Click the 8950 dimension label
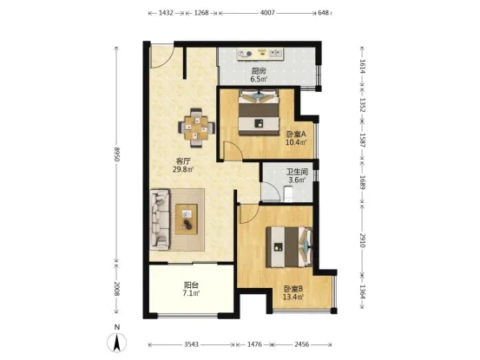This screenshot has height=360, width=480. click(x=116, y=154)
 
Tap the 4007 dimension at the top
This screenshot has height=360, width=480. click(x=267, y=13)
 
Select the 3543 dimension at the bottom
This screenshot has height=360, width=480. click(x=191, y=344)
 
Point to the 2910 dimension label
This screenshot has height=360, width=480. click(x=363, y=240)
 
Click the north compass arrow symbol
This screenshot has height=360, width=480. click(x=116, y=343)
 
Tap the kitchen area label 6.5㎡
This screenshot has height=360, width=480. click(x=259, y=80)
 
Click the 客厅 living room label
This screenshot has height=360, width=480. click(x=183, y=160)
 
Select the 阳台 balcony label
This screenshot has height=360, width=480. click(x=191, y=285)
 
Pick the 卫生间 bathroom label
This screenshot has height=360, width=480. click(x=297, y=172)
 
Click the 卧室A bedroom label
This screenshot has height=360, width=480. click(x=296, y=134)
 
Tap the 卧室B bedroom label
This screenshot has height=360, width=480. click(x=293, y=288)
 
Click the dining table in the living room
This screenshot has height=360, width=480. click(x=196, y=128)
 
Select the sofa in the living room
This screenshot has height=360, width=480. click(x=160, y=219)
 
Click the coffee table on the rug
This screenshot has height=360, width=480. click(x=186, y=219)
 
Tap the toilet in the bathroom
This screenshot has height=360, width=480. click(x=289, y=193)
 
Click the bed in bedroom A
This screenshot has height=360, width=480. click(x=259, y=112)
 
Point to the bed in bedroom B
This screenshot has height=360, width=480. click(x=289, y=247)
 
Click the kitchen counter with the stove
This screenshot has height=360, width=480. click(x=260, y=54)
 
